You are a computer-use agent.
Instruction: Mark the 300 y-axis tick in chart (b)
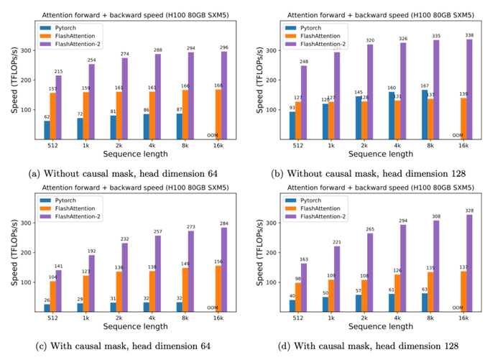[x=269, y=50]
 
